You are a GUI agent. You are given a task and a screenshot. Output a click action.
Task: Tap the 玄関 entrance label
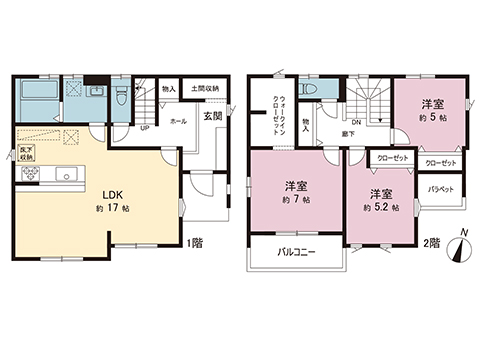[x=212, y=115]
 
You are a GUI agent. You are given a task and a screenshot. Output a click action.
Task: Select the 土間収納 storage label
[x=206, y=88]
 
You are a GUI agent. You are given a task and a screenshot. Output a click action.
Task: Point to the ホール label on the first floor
[x=179, y=121]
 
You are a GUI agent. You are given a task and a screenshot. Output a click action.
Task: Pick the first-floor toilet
[x=121, y=97]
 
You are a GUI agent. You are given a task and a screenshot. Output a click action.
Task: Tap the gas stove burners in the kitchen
[x=26, y=176]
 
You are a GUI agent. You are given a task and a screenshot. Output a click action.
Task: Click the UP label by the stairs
[x=146, y=127]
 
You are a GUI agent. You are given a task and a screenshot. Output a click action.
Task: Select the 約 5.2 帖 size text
[x=380, y=209]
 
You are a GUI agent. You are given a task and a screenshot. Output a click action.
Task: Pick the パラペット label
[x=441, y=188]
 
